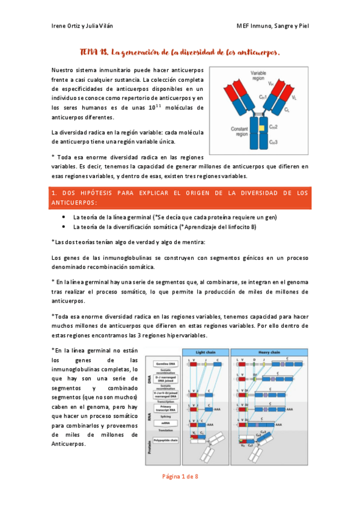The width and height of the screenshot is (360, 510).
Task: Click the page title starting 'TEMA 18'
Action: pos(180,52)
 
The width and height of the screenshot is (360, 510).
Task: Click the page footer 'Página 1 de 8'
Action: pos(180,476)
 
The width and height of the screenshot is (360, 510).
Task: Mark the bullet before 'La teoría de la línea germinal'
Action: pos(64,217)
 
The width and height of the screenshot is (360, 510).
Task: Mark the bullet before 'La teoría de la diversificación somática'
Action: pos(64,227)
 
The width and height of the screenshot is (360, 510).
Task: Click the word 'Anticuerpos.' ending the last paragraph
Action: pos(69,444)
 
